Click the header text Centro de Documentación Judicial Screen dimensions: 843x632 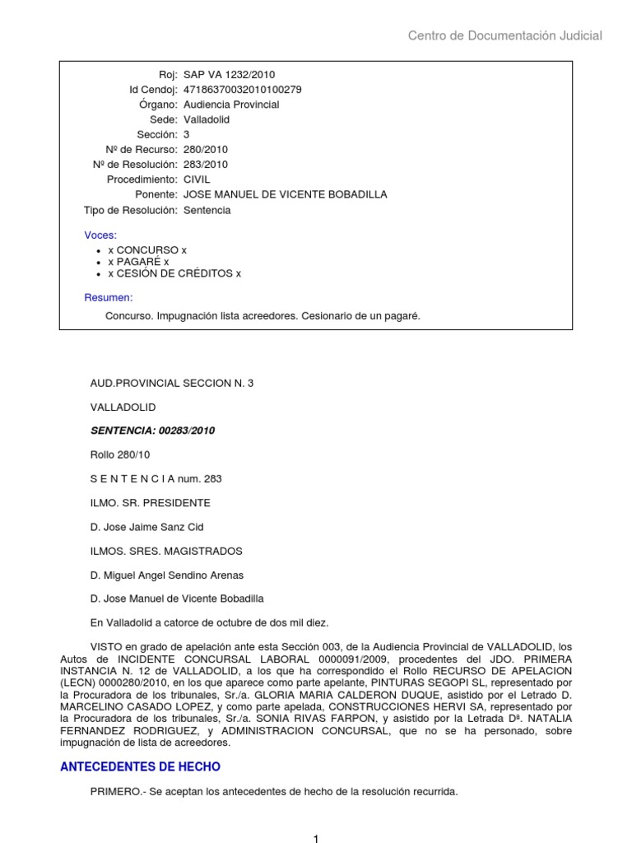(x=505, y=35)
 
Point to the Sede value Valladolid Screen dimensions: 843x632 (x=207, y=119)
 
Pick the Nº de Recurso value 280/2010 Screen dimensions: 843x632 (x=206, y=150)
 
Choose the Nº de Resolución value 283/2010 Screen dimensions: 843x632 (x=206, y=165)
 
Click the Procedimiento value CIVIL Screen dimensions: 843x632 (x=197, y=179)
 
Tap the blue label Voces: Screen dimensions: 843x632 (x=100, y=235)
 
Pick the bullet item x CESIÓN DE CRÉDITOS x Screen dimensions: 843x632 (x=174, y=274)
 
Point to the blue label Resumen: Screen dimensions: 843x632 (x=109, y=297)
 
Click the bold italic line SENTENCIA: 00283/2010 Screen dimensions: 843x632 (x=152, y=431)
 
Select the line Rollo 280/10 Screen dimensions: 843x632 (x=120, y=454)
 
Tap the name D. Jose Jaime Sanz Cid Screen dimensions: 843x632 (x=146, y=527)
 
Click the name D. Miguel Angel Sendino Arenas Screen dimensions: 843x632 (x=167, y=575)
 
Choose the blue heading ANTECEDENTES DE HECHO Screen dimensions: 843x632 (x=141, y=766)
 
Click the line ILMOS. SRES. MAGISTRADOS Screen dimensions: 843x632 (x=166, y=551)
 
